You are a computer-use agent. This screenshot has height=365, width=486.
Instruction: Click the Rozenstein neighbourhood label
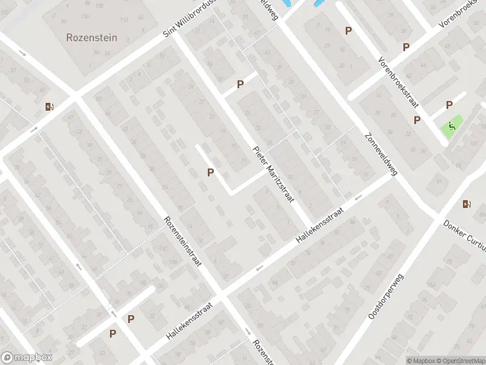91,38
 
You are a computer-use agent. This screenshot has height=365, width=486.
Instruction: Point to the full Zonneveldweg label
381,155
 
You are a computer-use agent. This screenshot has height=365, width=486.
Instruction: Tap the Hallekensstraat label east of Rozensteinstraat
320,226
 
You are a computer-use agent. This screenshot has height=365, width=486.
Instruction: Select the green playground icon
451,127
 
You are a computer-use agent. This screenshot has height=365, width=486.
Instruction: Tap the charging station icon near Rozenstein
49,107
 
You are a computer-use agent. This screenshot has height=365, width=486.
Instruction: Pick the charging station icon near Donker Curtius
467,204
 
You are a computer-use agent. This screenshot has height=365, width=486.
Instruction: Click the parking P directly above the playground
450,105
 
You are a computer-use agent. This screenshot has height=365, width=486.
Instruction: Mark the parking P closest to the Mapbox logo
112,333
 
